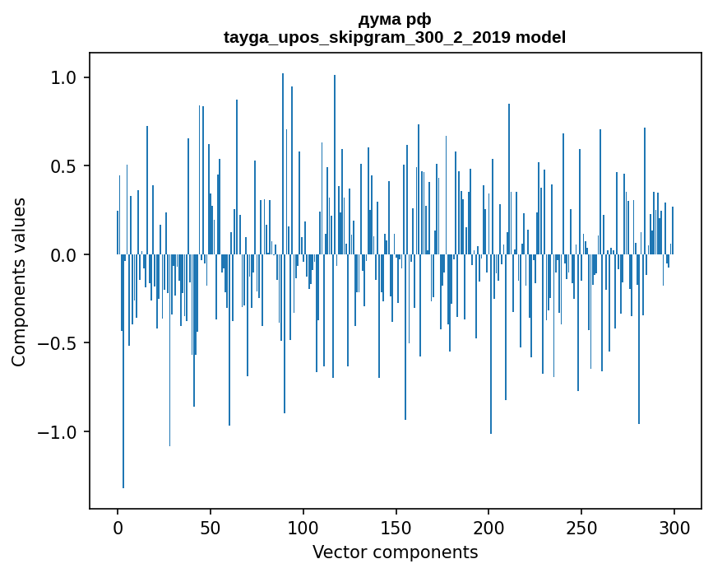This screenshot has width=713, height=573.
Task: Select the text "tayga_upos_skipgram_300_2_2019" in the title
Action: pos(368,37)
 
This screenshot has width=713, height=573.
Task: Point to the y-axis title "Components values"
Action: pos(19,282)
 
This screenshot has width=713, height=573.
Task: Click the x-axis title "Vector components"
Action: pos(395,552)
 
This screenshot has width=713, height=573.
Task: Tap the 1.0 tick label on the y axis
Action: pos(63,77)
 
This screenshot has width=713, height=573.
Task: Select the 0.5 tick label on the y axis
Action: pos(63,166)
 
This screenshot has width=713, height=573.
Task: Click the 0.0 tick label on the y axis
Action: pos(63,255)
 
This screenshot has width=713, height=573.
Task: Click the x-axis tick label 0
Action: pos(118,527)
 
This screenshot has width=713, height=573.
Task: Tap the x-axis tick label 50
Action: pos(211,527)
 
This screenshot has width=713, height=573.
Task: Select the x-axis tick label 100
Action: pos(303,527)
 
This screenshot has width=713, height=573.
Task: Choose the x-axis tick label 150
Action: pos(396,527)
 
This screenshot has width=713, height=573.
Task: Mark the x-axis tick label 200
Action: pos(488,527)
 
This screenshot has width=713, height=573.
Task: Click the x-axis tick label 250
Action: pos(581,527)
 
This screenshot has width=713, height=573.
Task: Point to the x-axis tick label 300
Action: pos(674,527)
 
